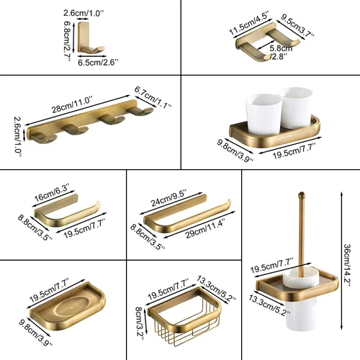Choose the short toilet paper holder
pos(68,215)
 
